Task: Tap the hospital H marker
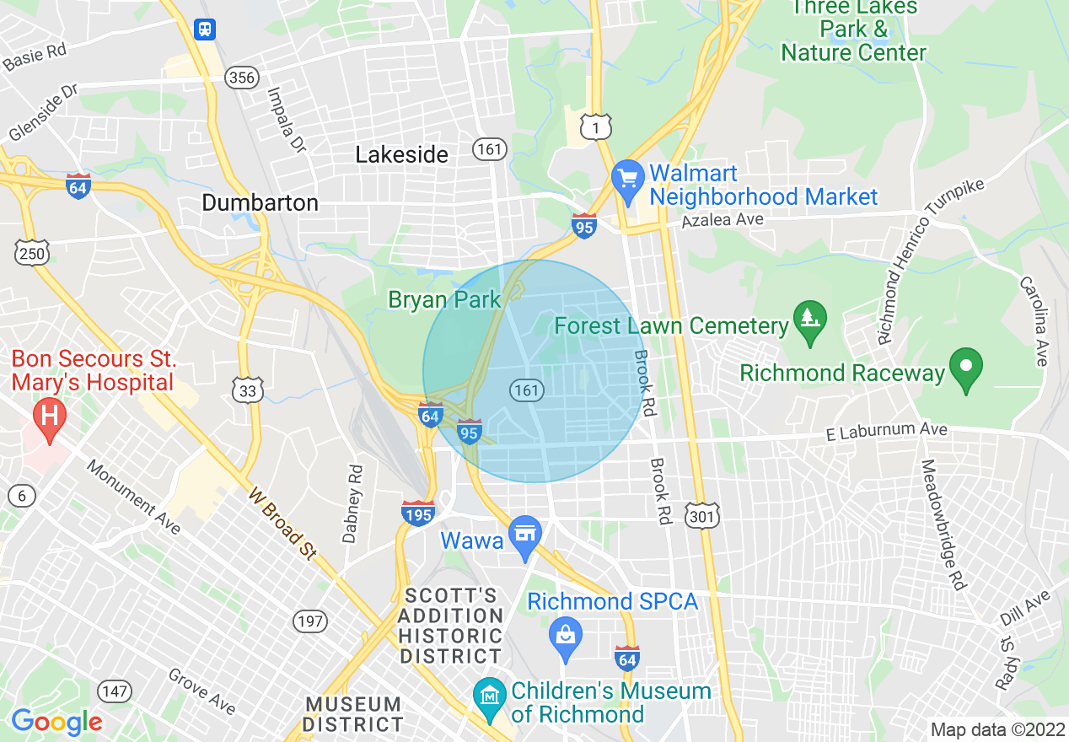click(x=50, y=417)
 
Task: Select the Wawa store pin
click(x=526, y=535)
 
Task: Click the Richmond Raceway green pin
click(x=967, y=368)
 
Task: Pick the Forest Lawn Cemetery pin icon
click(x=810, y=320)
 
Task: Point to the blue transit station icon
click(x=205, y=30)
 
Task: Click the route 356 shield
click(x=241, y=78)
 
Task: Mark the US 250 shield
click(x=31, y=250)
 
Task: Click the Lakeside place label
click(x=402, y=155)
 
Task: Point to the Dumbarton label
click(x=260, y=203)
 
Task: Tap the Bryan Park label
click(x=444, y=299)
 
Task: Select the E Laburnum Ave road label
click(x=887, y=432)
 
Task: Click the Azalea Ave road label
click(x=723, y=220)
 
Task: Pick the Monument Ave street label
click(x=133, y=497)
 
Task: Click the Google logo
click(x=56, y=723)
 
